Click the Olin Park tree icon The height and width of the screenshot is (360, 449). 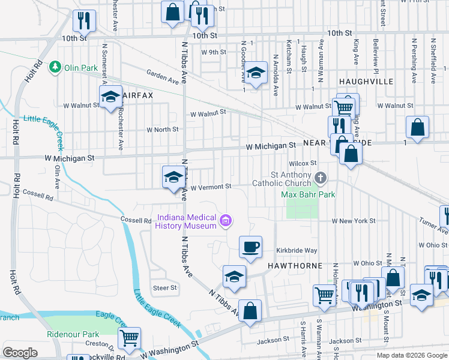point(55,65)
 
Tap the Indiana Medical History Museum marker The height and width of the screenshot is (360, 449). point(226,221)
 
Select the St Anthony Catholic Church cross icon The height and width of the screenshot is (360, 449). point(321,178)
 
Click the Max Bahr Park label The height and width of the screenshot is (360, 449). point(309,194)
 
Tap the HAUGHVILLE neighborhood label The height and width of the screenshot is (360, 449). point(366,81)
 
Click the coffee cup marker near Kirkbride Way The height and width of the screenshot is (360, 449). point(250,246)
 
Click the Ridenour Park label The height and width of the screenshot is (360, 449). point(73,334)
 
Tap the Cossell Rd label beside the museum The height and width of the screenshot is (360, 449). point(135,220)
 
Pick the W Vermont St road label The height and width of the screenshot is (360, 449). point(211,187)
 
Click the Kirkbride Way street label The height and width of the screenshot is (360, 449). point(296,250)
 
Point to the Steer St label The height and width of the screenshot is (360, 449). point(165,288)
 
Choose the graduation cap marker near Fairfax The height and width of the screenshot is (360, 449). point(110,97)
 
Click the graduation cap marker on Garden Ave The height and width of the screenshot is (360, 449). point(256,73)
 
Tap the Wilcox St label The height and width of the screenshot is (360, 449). point(302,163)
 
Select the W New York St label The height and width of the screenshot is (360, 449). point(354,221)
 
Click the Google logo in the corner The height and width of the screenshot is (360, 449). point(20,353)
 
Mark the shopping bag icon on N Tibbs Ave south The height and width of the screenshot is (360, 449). point(250,311)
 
